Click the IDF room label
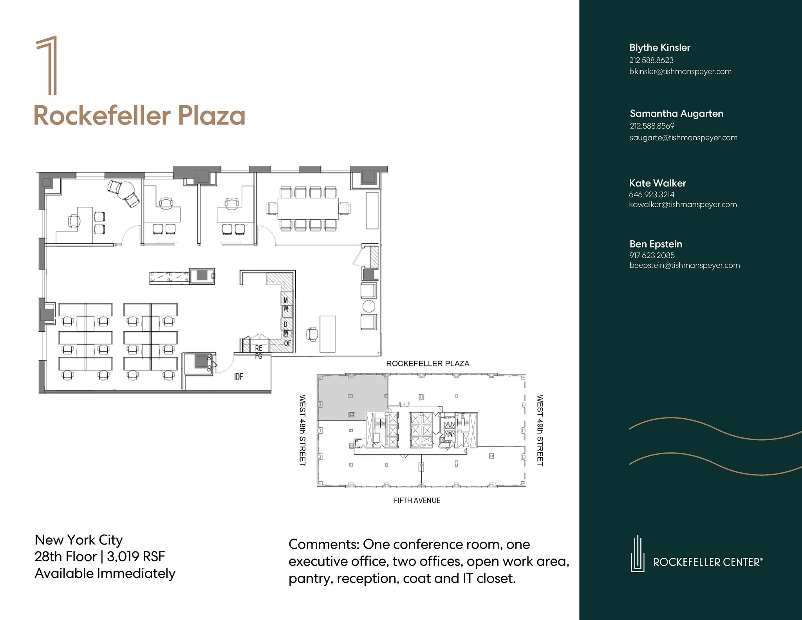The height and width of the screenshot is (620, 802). [x=238, y=377]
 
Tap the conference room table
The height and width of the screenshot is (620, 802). [x=308, y=208]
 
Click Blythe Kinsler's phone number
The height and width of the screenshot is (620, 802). [x=651, y=60]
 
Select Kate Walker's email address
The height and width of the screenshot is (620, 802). [x=683, y=204]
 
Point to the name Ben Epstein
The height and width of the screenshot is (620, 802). [x=656, y=244]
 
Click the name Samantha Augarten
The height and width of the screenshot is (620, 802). [x=676, y=114]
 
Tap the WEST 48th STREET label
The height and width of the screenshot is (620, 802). [x=302, y=430]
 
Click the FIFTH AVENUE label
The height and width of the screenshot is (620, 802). [x=417, y=501]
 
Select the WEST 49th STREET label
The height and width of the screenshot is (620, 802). [x=540, y=430]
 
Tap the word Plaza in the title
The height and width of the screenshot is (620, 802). [x=211, y=116]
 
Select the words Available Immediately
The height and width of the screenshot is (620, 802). [x=105, y=573]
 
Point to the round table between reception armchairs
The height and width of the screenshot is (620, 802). [x=369, y=306]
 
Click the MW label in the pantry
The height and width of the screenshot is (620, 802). [x=286, y=304]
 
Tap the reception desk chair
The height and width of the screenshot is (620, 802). [x=312, y=334]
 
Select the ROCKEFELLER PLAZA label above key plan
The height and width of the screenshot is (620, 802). [x=428, y=363]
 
